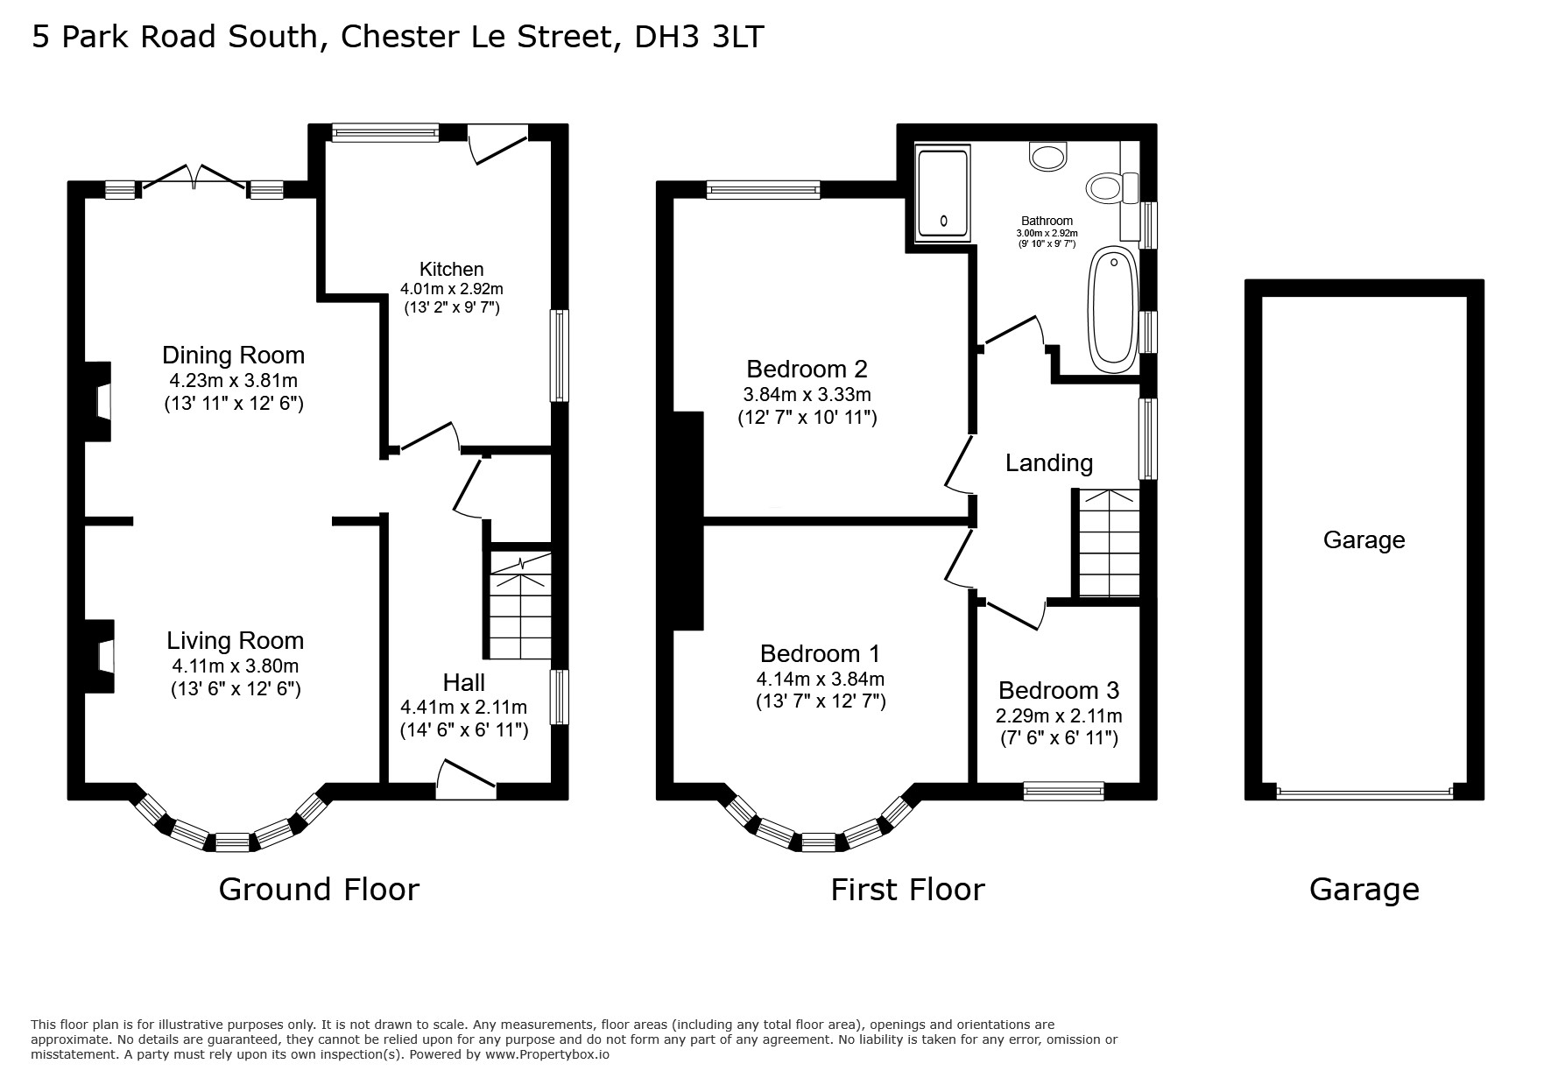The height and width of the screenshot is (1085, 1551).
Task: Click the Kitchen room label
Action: tap(451, 269)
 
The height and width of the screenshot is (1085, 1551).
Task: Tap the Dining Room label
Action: tap(234, 355)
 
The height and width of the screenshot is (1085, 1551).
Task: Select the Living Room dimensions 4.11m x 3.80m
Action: tap(236, 666)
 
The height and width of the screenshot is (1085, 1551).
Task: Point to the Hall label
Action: tap(463, 682)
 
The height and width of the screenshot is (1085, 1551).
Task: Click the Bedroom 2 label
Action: tap(807, 369)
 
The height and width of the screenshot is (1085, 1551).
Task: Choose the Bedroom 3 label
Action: tap(1059, 691)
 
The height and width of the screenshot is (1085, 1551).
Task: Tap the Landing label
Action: tap(1049, 463)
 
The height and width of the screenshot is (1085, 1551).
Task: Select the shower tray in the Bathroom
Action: tap(942, 194)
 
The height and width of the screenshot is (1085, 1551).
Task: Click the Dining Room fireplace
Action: tap(98, 401)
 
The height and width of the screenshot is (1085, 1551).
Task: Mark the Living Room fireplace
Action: tap(100, 657)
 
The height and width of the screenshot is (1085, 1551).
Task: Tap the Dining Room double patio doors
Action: tap(194, 177)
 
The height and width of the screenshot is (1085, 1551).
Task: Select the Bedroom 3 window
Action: tap(1064, 792)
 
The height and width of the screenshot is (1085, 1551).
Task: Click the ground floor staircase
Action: tap(520, 604)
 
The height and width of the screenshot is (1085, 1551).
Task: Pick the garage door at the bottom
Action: tap(1364, 793)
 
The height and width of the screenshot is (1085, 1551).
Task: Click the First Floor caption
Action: tap(907, 890)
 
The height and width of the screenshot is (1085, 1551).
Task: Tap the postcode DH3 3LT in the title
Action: tap(700, 38)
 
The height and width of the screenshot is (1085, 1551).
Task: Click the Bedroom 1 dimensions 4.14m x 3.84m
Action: tap(821, 679)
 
